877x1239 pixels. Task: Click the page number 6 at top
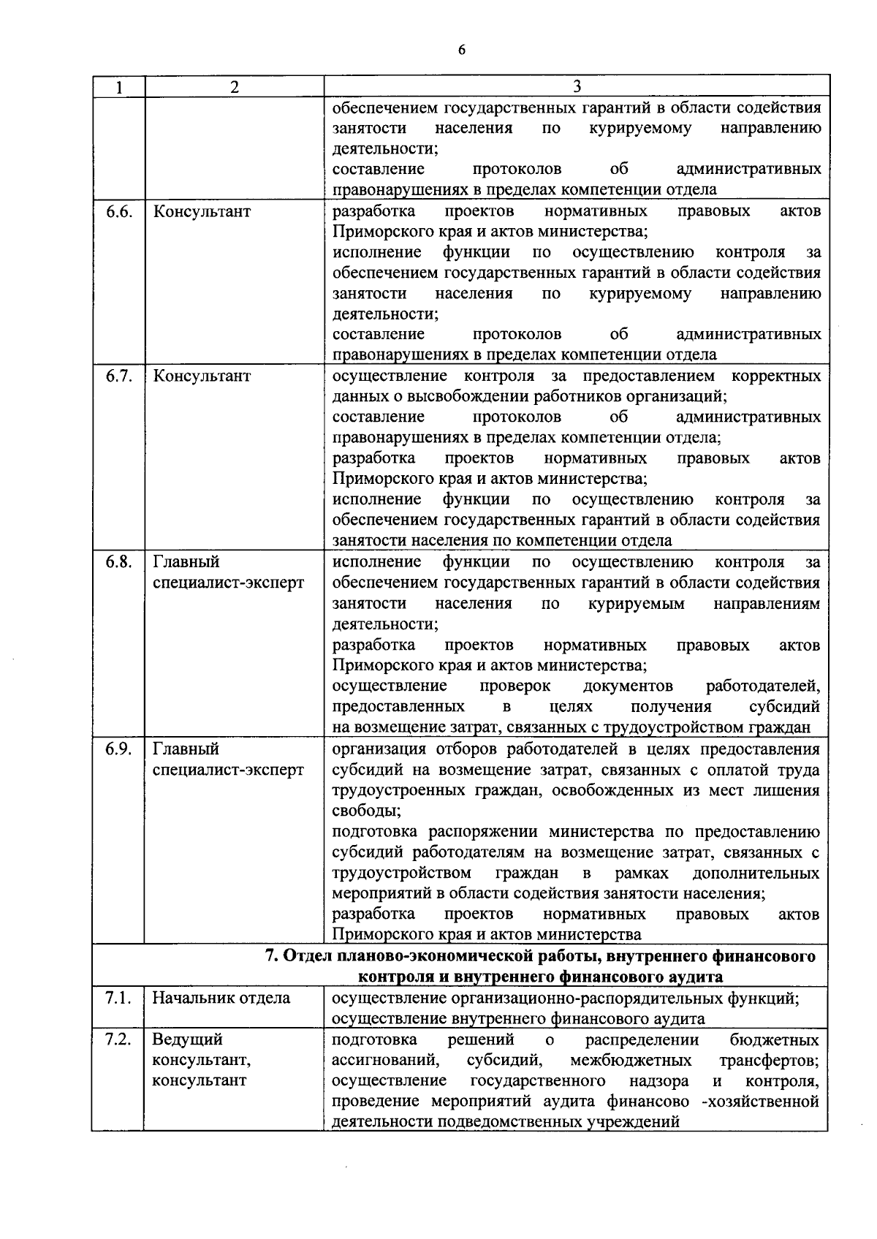460,50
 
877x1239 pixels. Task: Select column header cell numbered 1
118,87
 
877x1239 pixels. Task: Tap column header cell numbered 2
234,87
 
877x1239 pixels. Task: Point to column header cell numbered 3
576,86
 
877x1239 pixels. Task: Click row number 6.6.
118,211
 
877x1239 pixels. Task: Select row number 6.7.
118,376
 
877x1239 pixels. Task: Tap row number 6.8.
118,562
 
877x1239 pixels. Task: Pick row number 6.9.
118,749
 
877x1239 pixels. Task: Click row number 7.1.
118,998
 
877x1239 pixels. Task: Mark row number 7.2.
118,1039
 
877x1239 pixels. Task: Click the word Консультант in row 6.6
202,211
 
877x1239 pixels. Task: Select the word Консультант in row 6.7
202,376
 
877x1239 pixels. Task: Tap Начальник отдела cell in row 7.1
221,998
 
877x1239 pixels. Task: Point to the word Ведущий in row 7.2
187,1039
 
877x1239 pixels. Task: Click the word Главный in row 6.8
186,562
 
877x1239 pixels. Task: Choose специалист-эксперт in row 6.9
228,770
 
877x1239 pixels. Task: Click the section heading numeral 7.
269,956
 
